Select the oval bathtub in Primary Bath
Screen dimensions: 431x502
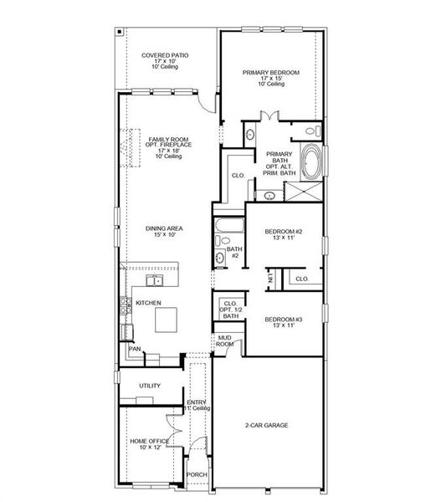[311, 161]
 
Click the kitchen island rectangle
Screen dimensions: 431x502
[166, 320]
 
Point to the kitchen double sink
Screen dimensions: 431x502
[154, 280]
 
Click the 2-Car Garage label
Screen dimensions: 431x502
[267, 425]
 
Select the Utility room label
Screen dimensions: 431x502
[150, 386]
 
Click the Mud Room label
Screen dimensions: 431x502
[224, 341]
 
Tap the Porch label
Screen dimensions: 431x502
[197, 474]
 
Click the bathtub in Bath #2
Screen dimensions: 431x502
[229, 225]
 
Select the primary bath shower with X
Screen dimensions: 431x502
[303, 192]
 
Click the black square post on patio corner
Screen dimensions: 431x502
[119, 32]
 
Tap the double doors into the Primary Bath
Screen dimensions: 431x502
[269, 116]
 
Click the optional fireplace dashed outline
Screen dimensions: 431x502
[130, 148]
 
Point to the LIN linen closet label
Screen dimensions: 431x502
[270, 279]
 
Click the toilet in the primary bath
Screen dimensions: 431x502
[313, 131]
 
